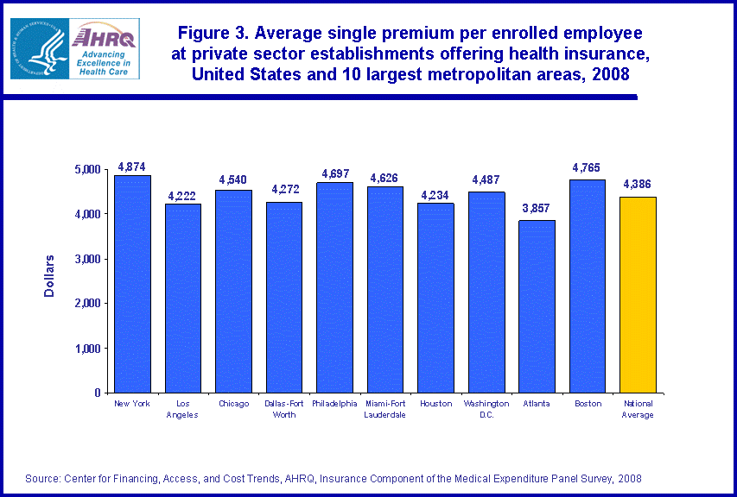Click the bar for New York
point(132,285)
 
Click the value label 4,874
point(132,167)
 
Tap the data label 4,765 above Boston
point(587,167)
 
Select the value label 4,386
point(638,185)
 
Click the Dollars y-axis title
point(49,276)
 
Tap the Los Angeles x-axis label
point(183,409)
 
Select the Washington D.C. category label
point(486,409)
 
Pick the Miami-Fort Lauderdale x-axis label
point(384,409)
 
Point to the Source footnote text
point(334,478)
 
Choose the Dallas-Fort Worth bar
point(284,298)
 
